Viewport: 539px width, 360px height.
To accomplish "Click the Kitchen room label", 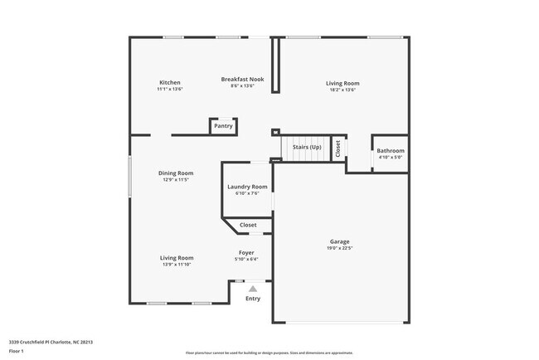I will (x=170, y=82).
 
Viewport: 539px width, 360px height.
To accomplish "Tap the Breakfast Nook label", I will (x=242, y=79).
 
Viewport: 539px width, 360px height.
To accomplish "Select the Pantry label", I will (x=223, y=126).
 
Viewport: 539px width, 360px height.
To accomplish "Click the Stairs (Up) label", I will (x=307, y=147).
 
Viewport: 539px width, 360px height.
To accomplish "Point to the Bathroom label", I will (x=391, y=151).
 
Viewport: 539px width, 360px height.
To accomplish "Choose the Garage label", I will (x=340, y=241).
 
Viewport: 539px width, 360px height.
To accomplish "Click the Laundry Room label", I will (x=247, y=187).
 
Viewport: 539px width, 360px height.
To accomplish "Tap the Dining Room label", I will (x=176, y=173).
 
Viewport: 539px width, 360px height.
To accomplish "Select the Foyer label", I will (x=246, y=252).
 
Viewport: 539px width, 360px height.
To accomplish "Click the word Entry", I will (x=253, y=299).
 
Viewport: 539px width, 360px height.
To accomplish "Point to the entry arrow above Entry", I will (x=241, y=289).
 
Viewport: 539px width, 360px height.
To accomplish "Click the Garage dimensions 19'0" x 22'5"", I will (x=340, y=248).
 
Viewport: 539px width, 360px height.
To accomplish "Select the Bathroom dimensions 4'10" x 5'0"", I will (x=391, y=157).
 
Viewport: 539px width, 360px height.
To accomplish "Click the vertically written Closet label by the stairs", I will (x=338, y=148).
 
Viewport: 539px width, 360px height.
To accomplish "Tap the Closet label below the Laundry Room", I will (x=248, y=225).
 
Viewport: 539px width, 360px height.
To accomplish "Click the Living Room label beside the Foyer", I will (x=177, y=258).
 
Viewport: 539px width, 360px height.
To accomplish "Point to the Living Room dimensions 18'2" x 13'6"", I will (x=342, y=89).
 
